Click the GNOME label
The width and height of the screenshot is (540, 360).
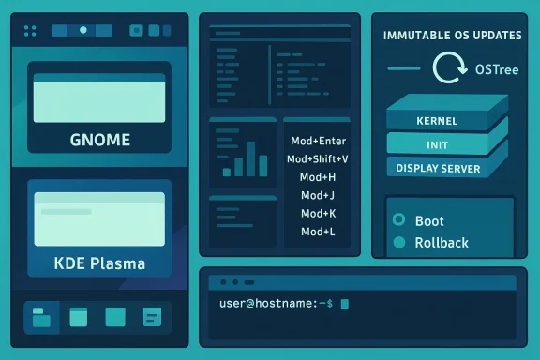(100, 142)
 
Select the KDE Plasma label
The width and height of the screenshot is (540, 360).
(100, 262)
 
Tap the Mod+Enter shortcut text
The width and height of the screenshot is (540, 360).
(319, 141)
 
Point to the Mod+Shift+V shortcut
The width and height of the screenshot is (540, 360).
(318, 159)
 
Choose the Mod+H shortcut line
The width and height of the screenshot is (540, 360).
(318, 177)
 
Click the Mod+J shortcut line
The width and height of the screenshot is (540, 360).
(318, 195)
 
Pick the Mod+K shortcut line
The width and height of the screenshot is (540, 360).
(318, 213)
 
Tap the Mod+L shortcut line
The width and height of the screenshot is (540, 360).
(318, 231)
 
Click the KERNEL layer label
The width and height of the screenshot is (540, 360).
(436, 122)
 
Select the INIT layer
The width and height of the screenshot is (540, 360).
(436, 145)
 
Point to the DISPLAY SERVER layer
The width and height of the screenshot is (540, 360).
(438, 169)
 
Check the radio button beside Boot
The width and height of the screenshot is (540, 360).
(397, 221)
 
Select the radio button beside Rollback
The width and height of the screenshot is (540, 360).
(397, 242)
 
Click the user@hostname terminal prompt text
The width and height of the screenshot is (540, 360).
(275, 303)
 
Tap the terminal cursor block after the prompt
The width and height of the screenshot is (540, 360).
(345, 304)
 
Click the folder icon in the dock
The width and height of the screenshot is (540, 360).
(40, 317)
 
